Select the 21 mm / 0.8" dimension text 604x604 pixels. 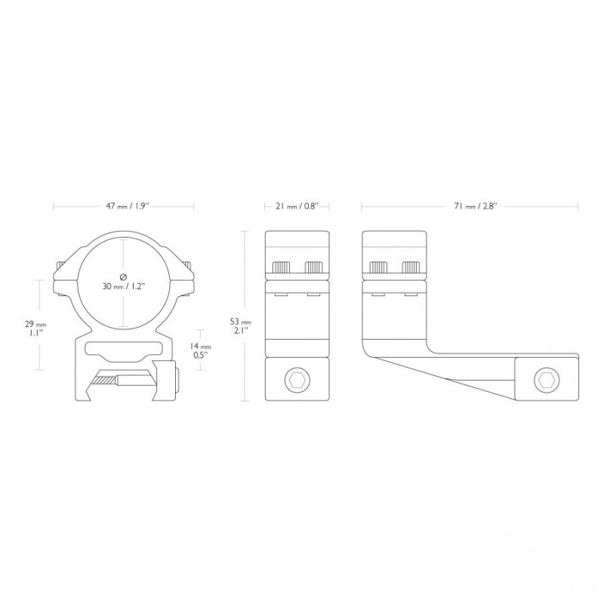click(x=297, y=206)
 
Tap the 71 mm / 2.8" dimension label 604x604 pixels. click(x=476, y=206)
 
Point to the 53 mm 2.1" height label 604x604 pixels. click(x=240, y=326)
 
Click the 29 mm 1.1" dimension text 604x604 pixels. click(x=35, y=328)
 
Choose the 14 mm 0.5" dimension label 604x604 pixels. click(x=200, y=350)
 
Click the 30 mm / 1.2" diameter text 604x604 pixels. click(x=123, y=286)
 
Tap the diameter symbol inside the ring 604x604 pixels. click(x=123, y=276)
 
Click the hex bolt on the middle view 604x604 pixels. click(x=297, y=381)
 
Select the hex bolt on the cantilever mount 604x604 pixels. click(x=547, y=381)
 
